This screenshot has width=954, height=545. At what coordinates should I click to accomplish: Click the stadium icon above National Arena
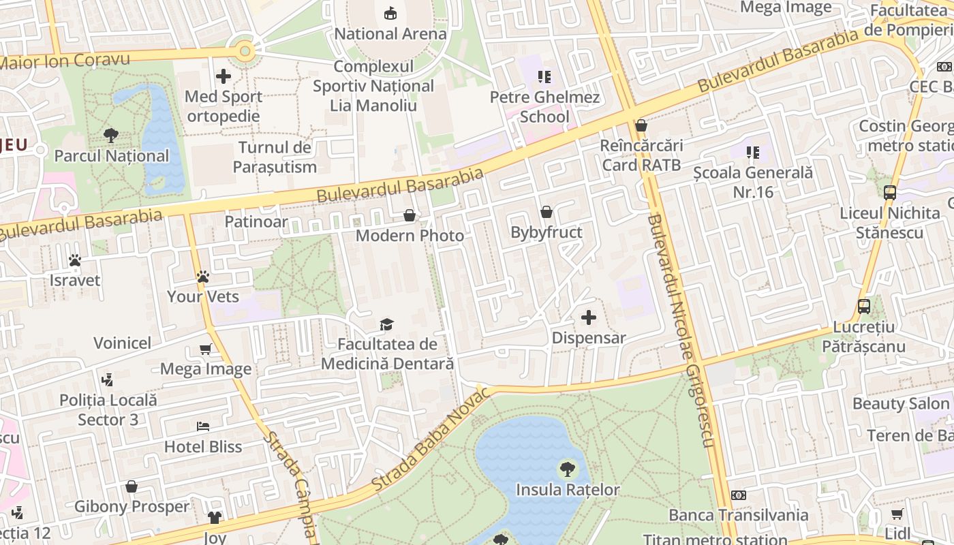(390, 13)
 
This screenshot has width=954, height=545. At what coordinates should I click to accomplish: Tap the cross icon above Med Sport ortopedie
(224, 76)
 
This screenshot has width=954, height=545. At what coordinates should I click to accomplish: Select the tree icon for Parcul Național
(111, 136)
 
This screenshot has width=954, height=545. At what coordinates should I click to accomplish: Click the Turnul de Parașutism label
(275, 157)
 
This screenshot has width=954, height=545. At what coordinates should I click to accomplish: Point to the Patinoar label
(256, 221)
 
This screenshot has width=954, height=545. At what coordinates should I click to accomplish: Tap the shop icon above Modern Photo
(410, 215)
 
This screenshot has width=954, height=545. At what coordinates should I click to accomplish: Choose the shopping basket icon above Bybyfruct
(547, 213)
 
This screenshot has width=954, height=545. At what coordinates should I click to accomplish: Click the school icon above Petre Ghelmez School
(544, 77)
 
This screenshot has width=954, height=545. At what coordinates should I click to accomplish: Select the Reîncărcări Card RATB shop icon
(641, 125)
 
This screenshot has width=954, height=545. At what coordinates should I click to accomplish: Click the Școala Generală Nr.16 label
(753, 183)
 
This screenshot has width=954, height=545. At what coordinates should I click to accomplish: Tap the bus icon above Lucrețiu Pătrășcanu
(863, 306)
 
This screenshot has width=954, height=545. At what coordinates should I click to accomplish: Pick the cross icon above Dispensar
(589, 317)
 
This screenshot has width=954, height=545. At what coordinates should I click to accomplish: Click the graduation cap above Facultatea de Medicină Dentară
(387, 324)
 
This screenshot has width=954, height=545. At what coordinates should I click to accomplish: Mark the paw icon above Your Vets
(203, 277)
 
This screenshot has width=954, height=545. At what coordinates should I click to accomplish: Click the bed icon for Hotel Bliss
(203, 426)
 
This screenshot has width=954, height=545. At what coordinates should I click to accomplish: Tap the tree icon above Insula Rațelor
(567, 469)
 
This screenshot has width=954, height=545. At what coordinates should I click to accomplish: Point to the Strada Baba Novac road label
(431, 439)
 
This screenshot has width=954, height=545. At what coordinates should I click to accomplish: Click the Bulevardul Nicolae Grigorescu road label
(681, 330)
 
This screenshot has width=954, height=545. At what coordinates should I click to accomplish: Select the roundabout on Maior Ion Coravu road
(244, 50)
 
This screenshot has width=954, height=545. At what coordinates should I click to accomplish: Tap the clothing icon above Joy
(215, 518)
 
